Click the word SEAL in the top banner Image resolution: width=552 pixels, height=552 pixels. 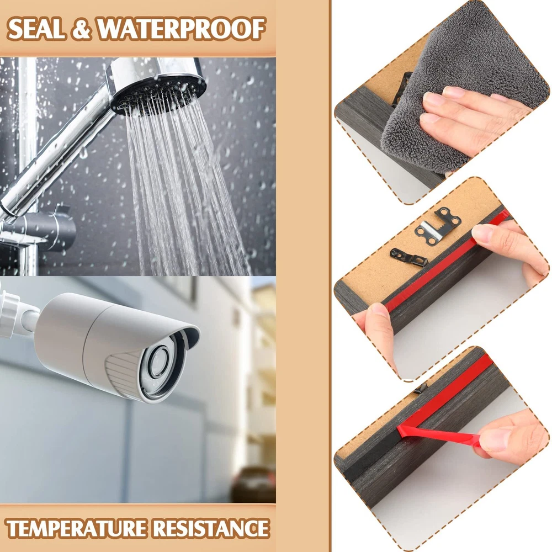[36, 29]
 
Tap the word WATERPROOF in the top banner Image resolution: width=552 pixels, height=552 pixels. [181, 29]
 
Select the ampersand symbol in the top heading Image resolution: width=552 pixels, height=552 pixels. [81, 29]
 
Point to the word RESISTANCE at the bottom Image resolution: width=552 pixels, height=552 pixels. [211, 528]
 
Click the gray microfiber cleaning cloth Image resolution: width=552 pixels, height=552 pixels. [465, 84]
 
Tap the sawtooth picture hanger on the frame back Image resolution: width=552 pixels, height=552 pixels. [438, 226]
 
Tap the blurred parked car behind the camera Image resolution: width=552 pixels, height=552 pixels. [253, 484]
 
